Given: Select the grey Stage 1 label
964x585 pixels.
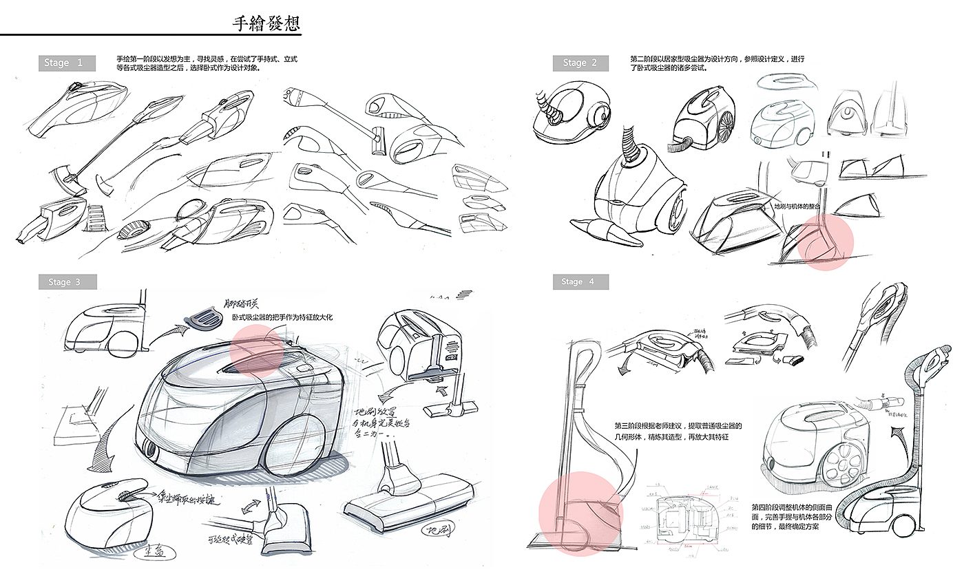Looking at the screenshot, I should [63, 63].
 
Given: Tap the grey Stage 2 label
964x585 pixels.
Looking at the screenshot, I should [580, 63].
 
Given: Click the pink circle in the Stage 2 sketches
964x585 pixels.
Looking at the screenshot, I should [826, 242].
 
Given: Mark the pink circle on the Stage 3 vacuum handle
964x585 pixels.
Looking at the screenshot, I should [256, 350].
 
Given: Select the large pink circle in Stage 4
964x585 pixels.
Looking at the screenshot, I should [571, 513].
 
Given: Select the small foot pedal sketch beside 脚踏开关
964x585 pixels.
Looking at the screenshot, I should [205, 317].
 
